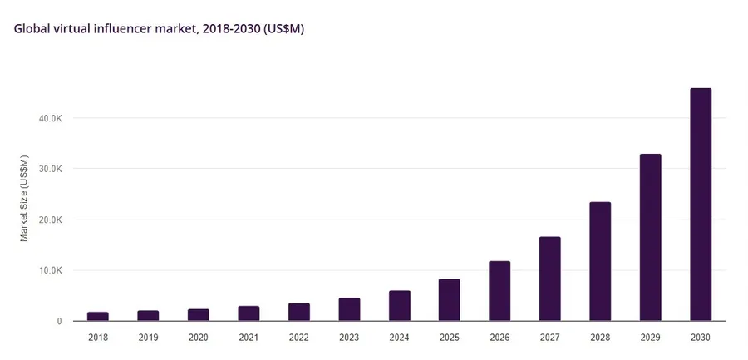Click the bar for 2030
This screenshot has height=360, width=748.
tap(701, 204)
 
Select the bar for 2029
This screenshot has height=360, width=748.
tap(651, 237)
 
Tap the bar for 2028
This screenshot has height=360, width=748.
tap(600, 261)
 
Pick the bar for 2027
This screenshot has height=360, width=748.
tap(549, 279)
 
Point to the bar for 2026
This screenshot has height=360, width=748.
tap(499, 291)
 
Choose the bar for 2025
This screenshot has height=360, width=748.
tap(450, 299)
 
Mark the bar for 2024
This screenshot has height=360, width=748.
tap(400, 305)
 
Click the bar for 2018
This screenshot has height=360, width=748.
tap(98, 316)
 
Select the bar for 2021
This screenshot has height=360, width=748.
tap(249, 313)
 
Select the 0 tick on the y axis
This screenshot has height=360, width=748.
tap(59, 321)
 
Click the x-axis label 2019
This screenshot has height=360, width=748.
tap(148, 337)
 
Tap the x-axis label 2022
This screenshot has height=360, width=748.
tap(299, 337)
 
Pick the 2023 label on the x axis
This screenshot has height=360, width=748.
tap(349, 337)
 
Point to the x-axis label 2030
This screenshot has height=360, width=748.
tap(701, 337)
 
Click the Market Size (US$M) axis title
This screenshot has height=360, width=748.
tap(24, 198)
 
